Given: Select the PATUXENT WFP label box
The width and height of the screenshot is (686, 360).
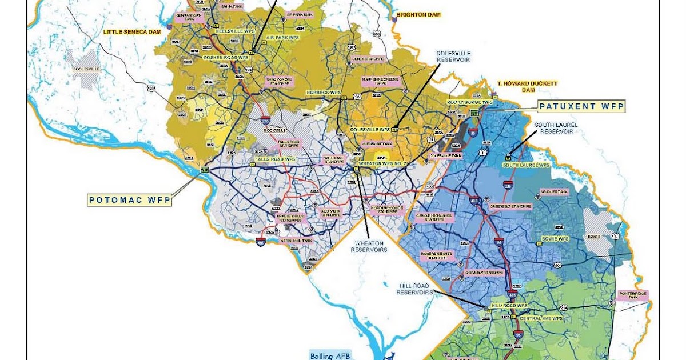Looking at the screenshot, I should [x=581, y=106].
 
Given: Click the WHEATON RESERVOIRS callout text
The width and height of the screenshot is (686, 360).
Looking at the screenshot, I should [x=369, y=246].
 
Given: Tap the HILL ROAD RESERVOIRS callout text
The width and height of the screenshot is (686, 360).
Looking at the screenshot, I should [x=416, y=288].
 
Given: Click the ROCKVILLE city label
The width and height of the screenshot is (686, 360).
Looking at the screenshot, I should [x=274, y=130].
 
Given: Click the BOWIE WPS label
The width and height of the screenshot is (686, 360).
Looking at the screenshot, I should [x=555, y=238].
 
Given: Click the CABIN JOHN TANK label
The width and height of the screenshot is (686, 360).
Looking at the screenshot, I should [x=296, y=241].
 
